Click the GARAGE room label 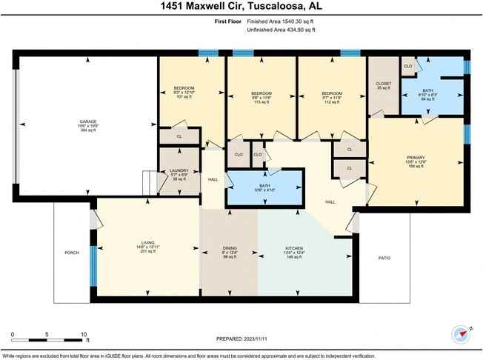click(88, 121)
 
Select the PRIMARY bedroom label click(416, 157)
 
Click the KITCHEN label click(295, 247)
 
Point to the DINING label click(229, 247)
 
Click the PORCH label click(72, 253)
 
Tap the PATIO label click(384, 258)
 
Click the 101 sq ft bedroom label click(184, 88)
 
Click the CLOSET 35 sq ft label click(383, 84)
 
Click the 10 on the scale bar click(83, 334)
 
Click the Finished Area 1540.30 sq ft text click(278, 22)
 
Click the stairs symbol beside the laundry click(150, 181)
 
